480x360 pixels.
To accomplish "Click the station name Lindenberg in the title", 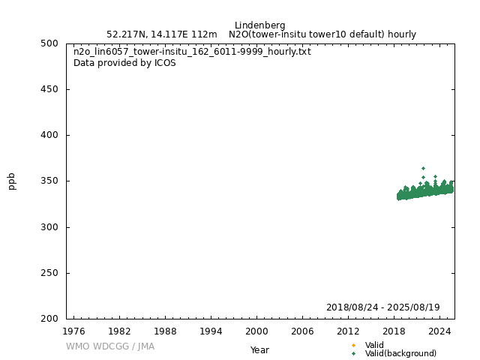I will [x=259, y=25].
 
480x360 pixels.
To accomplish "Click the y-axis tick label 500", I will [x=50, y=43].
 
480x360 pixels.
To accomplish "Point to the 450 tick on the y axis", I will [x=50, y=89].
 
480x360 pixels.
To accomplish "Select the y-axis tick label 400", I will [x=50, y=136].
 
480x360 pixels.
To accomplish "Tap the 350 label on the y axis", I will [x=50, y=181].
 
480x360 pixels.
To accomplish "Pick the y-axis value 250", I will [x=50, y=273].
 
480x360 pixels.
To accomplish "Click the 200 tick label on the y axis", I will [x=50, y=319].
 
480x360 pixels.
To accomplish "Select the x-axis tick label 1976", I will [x=73, y=331].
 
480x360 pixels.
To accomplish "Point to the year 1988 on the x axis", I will [x=165, y=331].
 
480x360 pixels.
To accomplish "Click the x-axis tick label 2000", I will [x=256, y=331].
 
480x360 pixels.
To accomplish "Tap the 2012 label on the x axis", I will [x=348, y=331].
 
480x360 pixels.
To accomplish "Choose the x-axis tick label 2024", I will [x=439, y=331].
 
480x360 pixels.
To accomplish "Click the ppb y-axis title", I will [x=12, y=181].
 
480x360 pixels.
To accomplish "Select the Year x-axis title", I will [x=259, y=350].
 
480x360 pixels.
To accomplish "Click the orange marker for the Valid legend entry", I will [x=353, y=346].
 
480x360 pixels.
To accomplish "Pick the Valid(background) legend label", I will [x=400, y=354].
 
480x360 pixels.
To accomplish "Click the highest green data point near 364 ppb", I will [x=423, y=168].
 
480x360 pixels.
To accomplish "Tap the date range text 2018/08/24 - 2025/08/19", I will [x=382, y=307].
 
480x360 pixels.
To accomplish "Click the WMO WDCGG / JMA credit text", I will [x=110, y=346].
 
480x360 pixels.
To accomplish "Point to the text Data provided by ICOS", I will [x=124, y=63].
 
